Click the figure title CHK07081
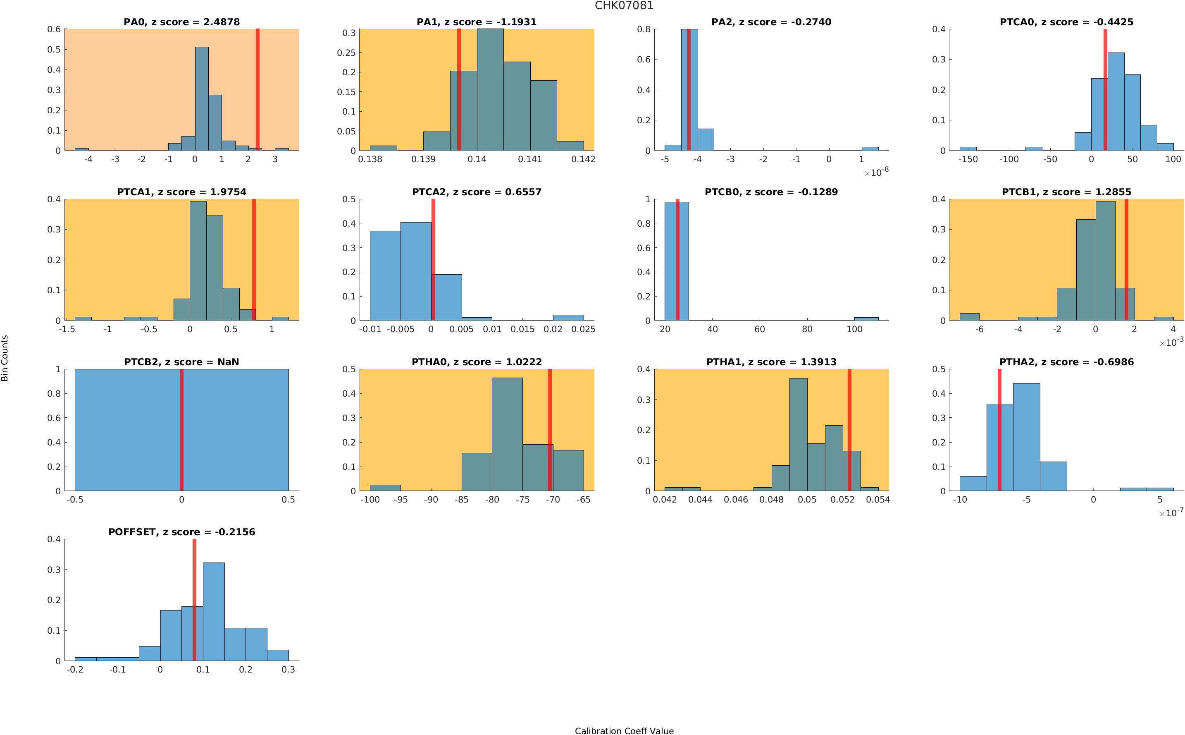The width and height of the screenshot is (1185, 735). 624,5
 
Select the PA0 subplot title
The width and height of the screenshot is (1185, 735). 181,22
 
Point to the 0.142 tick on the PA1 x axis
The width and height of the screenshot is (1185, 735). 583,159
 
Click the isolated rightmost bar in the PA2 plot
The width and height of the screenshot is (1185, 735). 869,148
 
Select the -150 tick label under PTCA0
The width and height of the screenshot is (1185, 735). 968,159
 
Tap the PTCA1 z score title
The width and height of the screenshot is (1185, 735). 181,192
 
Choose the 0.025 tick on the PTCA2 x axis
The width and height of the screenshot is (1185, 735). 583,330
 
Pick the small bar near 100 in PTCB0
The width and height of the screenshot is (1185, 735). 866,318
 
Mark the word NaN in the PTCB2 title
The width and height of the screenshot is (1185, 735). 228,362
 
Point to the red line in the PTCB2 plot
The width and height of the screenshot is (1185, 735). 181,430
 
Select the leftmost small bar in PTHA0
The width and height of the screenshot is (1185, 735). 385,488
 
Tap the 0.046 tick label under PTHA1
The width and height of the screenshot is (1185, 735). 735,500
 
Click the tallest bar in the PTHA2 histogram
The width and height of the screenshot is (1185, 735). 1026,438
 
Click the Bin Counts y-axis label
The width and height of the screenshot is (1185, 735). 5,358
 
